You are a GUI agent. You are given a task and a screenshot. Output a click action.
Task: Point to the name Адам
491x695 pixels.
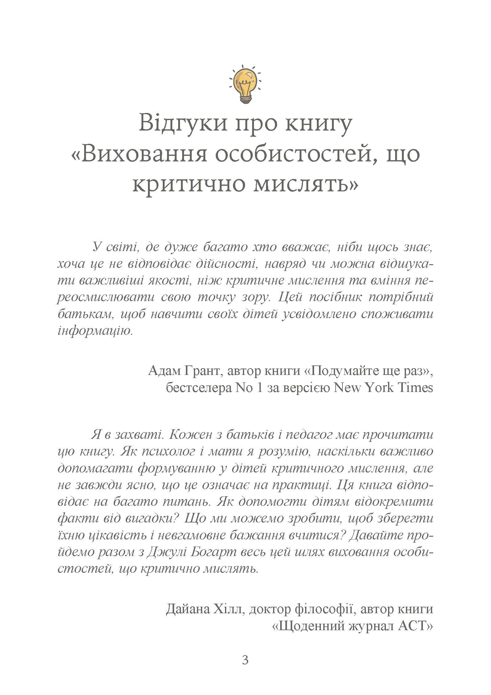(164, 370)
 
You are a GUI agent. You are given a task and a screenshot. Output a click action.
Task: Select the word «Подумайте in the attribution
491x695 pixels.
(338, 370)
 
